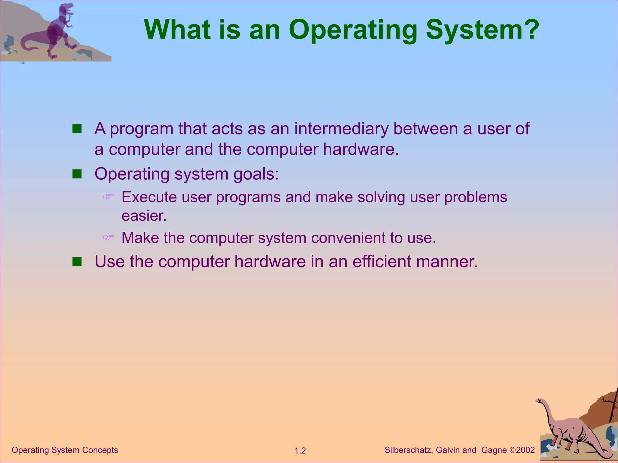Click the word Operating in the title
[x=352, y=30]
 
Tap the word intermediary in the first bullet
[x=341, y=129]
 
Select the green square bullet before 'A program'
[x=77, y=129]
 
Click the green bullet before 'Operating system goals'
[x=77, y=174]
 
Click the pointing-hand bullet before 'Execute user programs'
[x=109, y=197]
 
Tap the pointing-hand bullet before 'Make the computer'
[x=109, y=238]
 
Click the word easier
[x=144, y=216]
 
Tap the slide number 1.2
[x=300, y=451]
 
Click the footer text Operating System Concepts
[x=65, y=450]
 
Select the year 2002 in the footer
[x=525, y=450]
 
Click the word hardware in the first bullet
[x=361, y=149]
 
